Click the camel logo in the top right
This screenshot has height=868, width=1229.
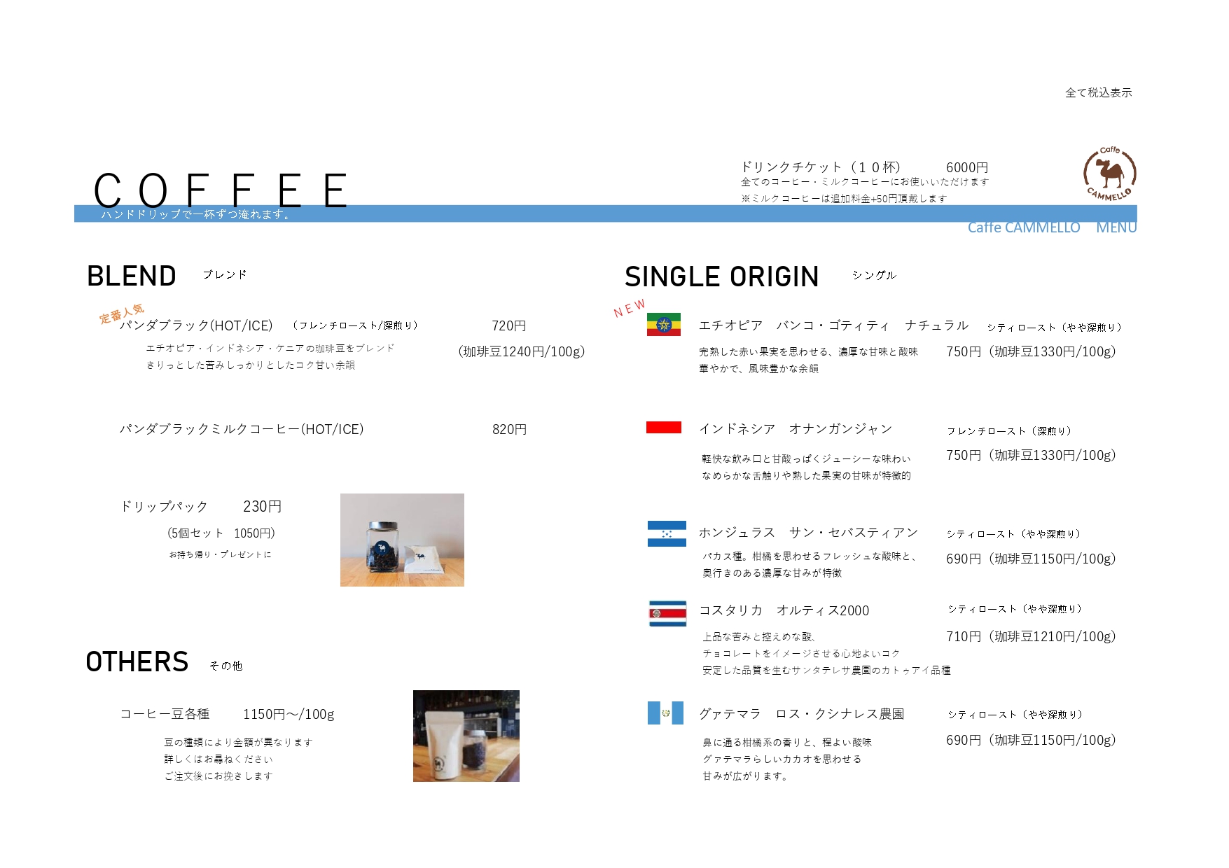(1109, 174)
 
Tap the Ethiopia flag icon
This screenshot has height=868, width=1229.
(663, 324)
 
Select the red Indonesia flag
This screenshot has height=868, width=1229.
(663, 427)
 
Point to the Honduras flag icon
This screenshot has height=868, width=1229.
(667, 533)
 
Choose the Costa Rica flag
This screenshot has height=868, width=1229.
(667, 613)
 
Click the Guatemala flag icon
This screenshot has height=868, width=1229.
(665, 713)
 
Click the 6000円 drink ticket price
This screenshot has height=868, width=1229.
(966, 167)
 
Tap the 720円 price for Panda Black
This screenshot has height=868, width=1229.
(508, 325)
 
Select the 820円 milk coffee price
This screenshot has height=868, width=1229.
(509, 429)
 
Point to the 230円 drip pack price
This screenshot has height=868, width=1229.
(262, 506)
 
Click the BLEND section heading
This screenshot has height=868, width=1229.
(131, 276)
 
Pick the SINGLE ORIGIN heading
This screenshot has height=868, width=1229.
(721, 276)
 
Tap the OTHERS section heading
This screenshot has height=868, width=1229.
(137, 661)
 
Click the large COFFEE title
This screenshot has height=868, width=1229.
(221, 190)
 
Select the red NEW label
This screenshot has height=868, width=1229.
(630, 308)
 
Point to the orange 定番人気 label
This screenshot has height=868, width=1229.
(122, 313)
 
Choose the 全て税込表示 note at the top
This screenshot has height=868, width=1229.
(1098, 92)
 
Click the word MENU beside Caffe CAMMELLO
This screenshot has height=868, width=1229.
(1116, 227)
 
